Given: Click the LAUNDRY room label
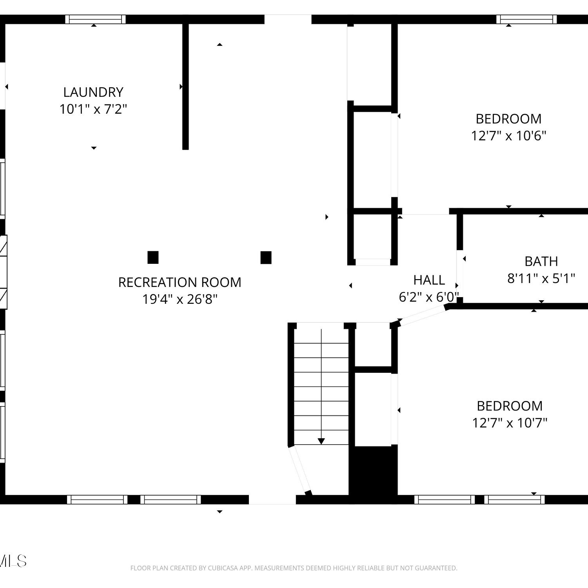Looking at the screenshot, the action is pyautogui.click(x=93, y=92).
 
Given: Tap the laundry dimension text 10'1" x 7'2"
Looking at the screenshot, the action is pyautogui.click(x=93, y=109).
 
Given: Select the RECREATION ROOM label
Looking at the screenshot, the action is pyautogui.click(x=180, y=282).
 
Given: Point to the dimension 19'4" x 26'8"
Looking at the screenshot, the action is pyautogui.click(x=180, y=299).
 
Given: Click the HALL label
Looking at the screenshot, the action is pyautogui.click(x=429, y=280).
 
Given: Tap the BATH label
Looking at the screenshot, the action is pyautogui.click(x=541, y=261).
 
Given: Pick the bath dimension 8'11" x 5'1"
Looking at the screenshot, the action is pyautogui.click(x=541, y=278).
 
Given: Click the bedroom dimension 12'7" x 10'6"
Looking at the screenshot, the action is pyautogui.click(x=509, y=136).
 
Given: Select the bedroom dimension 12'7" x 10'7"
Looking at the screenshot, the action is pyautogui.click(x=510, y=423).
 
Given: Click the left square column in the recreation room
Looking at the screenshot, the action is pyautogui.click(x=153, y=258).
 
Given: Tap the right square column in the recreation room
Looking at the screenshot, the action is pyautogui.click(x=266, y=258).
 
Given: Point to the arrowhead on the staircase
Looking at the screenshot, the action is pyautogui.click(x=321, y=441).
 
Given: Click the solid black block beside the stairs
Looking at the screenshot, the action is pyautogui.click(x=373, y=474).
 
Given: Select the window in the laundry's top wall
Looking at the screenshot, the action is pyautogui.click(x=95, y=19).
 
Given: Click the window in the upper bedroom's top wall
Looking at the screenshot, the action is pyautogui.click(x=526, y=19).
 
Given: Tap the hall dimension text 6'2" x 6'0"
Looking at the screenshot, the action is pyautogui.click(x=429, y=297).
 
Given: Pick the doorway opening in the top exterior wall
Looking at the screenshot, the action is pyautogui.click(x=288, y=19).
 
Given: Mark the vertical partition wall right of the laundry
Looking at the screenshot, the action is pyautogui.click(x=185, y=87).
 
